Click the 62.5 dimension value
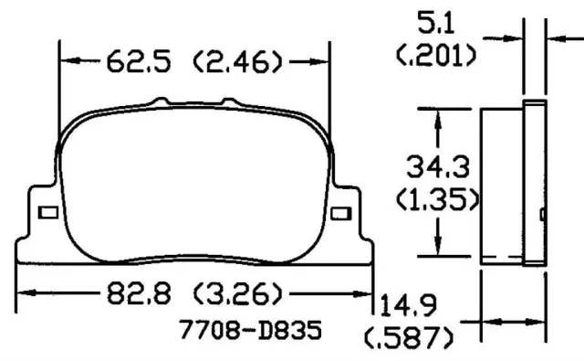click(139, 62)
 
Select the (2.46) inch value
click(237, 62)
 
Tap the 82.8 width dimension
click(139, 293)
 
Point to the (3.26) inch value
click(238, 293)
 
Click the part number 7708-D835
click(251, 330)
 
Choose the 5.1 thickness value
click(436, 23)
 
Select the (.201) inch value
click(436, 56)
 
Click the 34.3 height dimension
click(438, 166)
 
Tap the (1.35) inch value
click(438, 199)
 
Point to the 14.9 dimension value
click(408, 305)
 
